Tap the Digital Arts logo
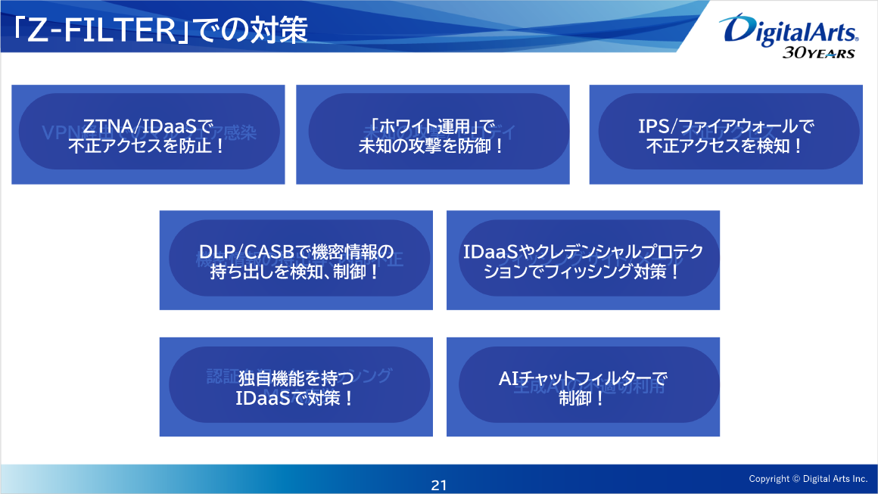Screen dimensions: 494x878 790,30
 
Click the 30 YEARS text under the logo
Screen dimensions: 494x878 817,53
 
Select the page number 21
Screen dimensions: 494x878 439,486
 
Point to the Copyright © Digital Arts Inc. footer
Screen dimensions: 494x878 808,479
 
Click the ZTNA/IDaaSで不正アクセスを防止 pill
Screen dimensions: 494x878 148,135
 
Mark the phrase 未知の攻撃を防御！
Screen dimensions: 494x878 431,145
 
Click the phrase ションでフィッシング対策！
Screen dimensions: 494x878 582,271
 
